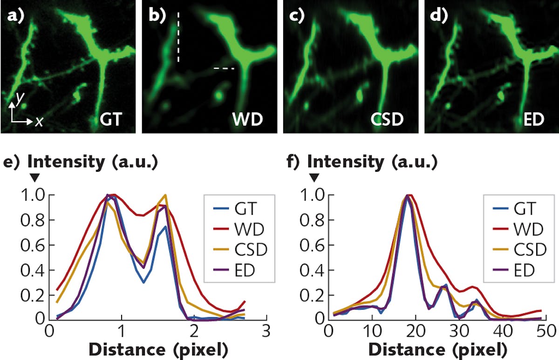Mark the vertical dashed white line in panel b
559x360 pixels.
point(177,37)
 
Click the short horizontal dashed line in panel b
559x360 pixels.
point(224,68)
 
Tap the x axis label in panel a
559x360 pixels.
point(39,122)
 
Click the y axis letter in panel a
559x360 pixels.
point(19,97)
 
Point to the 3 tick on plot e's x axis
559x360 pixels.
point(266,332)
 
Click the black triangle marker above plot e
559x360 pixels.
point(34,178)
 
